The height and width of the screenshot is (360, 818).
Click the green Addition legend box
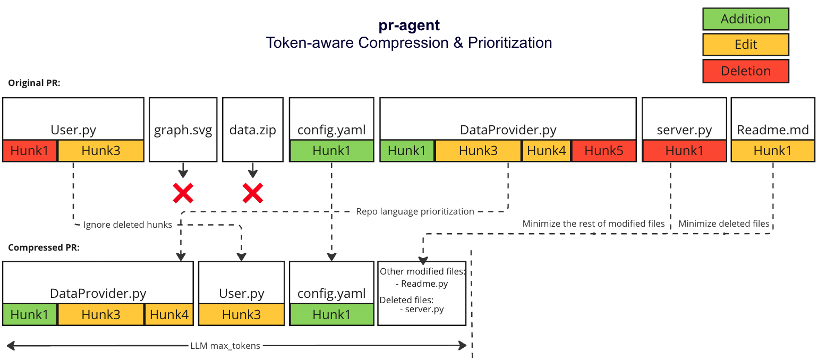745,19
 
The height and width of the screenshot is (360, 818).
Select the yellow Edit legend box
745,45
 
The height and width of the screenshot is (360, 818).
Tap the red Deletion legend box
745,71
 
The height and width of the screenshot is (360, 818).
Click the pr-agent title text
408,25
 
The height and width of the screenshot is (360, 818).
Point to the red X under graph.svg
183,193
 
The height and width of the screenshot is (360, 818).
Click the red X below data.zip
253,193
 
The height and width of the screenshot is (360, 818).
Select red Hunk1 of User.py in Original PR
30,151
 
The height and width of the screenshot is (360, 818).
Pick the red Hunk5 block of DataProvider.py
604,151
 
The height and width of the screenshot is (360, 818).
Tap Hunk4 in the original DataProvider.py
547,151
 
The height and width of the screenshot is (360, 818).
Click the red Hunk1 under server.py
684,151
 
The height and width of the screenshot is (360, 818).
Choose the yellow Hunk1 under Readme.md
773,151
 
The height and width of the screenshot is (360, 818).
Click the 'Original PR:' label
35,83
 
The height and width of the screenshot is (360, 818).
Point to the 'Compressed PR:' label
44,247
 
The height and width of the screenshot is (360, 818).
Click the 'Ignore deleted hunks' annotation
127,225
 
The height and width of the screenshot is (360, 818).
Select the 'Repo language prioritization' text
415,211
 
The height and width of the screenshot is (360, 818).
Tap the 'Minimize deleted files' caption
723,224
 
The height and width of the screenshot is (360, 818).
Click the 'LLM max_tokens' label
225,346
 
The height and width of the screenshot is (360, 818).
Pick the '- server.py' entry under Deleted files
422,309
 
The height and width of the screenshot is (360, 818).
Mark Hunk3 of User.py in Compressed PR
241,314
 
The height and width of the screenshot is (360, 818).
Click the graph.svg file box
183,129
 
